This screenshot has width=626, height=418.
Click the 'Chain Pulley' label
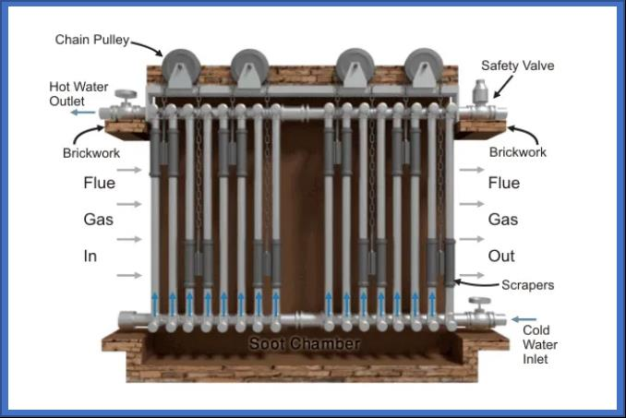pyautogui.click(x=92, y=40)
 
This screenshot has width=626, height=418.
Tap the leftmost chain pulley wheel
pyautogui.click(x=182, y=67)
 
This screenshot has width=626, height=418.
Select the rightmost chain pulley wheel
pyautogui.click(x=424, y=66)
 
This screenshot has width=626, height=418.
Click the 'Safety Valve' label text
pyautogui.click(x=517, y=66)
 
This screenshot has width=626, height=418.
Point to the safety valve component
pyautogui.click(x=480, y=92)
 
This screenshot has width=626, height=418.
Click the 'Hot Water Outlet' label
pyautogui.click(x=78, y=94)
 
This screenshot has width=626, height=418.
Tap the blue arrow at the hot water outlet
pyautogui.click(x=83, y=113)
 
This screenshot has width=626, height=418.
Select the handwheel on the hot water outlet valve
pyautogui.click(x=126, y=94)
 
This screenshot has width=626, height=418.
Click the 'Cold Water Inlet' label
pyautogui.click(x=540, y=344)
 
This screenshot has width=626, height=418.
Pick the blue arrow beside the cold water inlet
pyautogui.click(x=524, y=319)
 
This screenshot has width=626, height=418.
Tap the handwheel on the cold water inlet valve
pyautogui.click(x=479, y=301)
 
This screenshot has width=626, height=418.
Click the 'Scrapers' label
pyautogui.click(x=527, y=285)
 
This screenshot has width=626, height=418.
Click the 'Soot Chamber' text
pyautogui.click(x=305, y=344)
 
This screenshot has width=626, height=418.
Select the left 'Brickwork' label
pyautogui.click(x=91, y=153)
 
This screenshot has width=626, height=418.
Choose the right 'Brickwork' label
pyautogui.click(x=518, y=152)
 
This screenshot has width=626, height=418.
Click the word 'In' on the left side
pyautogui.click(x=90, y=256)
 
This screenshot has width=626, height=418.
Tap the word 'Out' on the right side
pyautogui.click(x=501, y=256)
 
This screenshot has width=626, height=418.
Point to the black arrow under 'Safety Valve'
pyautogui.click(x=503, y=87)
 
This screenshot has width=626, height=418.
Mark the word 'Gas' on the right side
pyautogui.click(x=503, y=220)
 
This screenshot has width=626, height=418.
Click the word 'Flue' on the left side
pyautogui.click(x=100, y=183)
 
